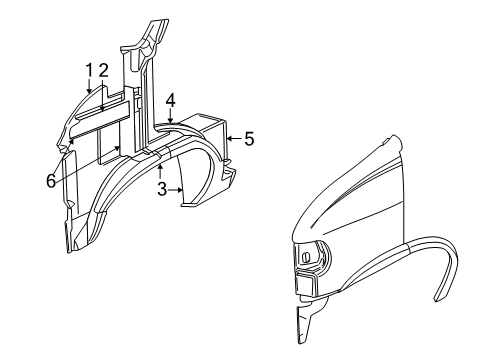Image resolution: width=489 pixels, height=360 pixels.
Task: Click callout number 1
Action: (x=90, y=70)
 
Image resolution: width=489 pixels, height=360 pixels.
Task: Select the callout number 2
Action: (x=103, y=70)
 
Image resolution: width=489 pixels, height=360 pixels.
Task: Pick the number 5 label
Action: (x=249, y=139)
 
